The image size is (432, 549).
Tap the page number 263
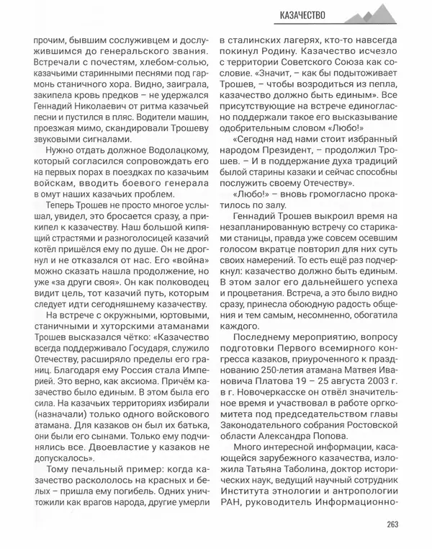click(x=392, y=524)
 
